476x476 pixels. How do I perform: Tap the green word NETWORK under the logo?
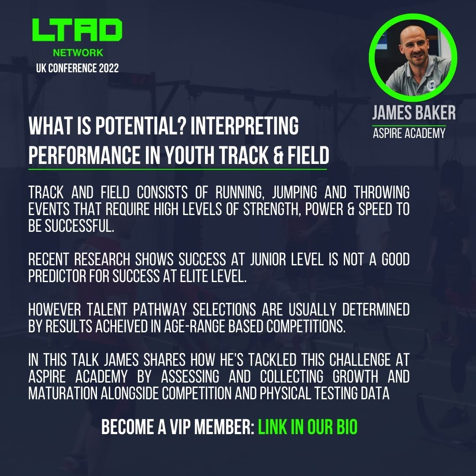78,53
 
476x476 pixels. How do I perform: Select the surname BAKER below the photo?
433,113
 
